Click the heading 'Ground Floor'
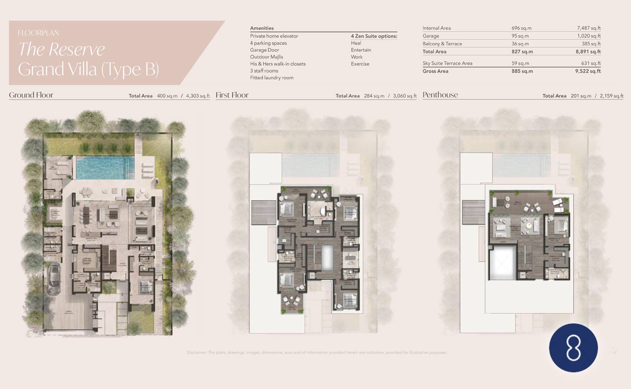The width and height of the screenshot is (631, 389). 31,95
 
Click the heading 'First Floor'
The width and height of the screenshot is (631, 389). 232,95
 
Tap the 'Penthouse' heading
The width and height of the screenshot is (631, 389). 440,95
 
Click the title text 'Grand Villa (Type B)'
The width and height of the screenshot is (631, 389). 88,70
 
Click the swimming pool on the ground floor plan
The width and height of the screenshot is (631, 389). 105,167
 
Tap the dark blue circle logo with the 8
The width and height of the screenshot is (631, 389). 573,348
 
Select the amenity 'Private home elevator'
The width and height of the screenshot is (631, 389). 274,36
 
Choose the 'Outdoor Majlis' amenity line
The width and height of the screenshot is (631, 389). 266,57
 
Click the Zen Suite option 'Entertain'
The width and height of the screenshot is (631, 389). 361,50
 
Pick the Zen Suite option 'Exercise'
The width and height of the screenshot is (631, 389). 360,64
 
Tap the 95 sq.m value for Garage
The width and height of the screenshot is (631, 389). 521,36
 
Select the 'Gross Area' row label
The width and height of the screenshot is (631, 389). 435,71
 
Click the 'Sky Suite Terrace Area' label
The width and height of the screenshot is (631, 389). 447,63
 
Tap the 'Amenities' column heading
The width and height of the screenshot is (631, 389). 262,28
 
